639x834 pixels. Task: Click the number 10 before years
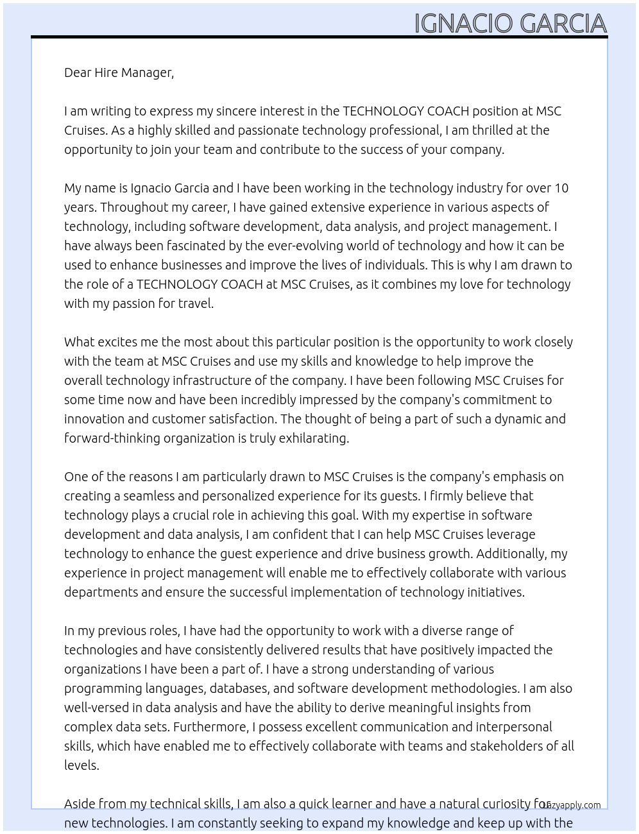tap(561, 188)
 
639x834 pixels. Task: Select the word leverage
tap(511, 534)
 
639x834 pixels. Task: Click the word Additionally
tap(511, 554)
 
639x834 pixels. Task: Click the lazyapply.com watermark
tap(571, 805)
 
